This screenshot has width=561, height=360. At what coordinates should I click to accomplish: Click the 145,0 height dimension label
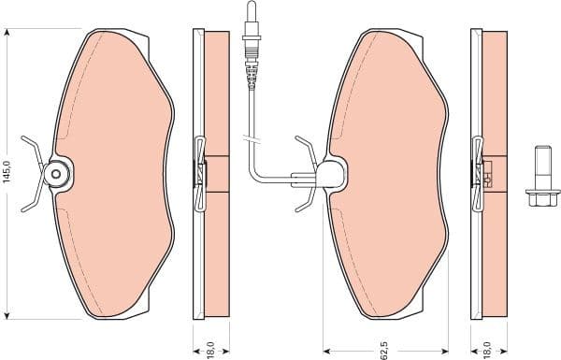[x=7, y=173]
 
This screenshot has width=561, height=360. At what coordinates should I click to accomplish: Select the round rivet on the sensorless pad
[x=55, y=173]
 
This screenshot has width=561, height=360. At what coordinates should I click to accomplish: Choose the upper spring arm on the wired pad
[x=306, y=147]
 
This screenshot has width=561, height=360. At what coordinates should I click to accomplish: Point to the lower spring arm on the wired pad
[x=306, y=199]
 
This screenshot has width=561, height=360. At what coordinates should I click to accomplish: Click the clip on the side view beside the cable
[x=199, y=174]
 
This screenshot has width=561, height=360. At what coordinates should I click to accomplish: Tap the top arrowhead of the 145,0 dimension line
[x=7, y=33]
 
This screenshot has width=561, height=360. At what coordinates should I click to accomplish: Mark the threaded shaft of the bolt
[x=539, y=165]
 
